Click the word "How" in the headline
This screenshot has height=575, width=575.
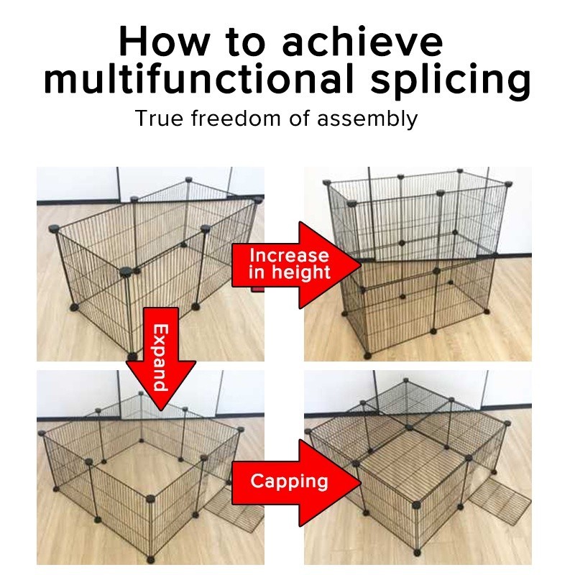tap(165, 41)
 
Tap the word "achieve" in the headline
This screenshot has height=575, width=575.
tap(362, 41)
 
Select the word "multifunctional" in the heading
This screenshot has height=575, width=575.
tap(198, 78)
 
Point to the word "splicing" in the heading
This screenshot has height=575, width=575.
tap(451, 81)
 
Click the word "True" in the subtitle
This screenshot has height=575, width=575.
tap(159, 119)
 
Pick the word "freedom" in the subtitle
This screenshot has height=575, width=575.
tap(236, 118)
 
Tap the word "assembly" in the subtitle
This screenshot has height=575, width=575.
tap(367, 119)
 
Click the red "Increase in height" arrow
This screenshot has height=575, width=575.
tap(296, 264)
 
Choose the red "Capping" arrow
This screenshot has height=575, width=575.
tap(296, 482)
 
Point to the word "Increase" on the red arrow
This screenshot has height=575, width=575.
tap(289, 256)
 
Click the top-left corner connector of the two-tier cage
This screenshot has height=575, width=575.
tap(326, 183)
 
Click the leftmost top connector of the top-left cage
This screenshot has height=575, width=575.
tap(54, 229)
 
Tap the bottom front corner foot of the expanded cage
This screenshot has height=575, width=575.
tap(150, 560)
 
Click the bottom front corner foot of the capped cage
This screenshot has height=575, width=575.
tap(417, 553)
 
